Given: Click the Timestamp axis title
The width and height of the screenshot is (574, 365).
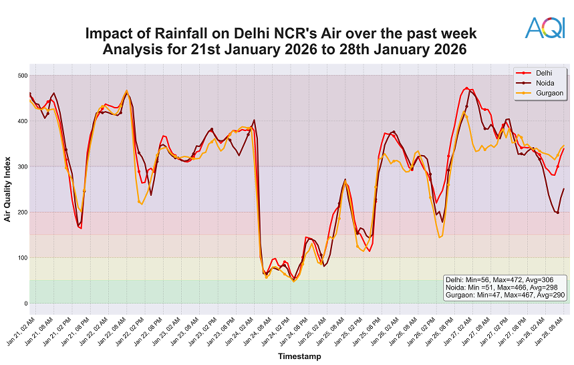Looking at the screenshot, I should coord(299,356).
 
